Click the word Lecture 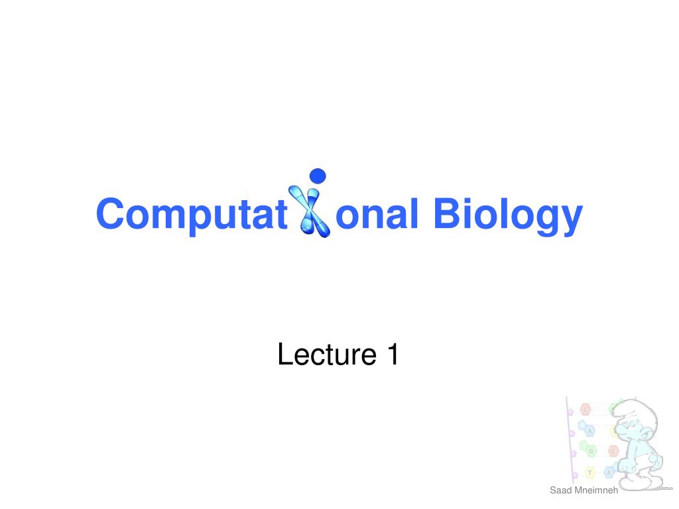327,355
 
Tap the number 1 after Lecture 393,354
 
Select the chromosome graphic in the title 309,211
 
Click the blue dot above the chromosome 318,176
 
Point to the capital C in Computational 111,213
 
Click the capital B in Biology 449,213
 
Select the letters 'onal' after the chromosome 377,213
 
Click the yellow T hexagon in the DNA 589,473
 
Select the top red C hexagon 586,409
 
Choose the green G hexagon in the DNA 591,451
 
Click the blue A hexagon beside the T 609,472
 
